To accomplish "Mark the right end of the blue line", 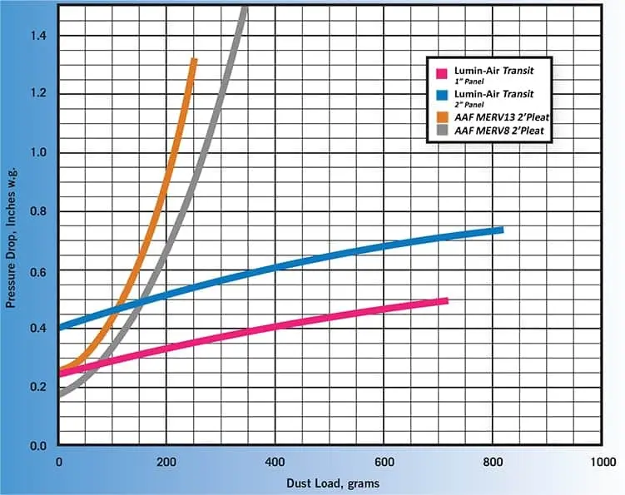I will pyautogui.click(x=503, y=230).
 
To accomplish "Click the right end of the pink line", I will pyautogui.click(x=447, y=300).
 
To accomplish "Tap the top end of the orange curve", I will pyautogui.click(x=194, y=60).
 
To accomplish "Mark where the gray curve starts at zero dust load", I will pyautogui.click(x=60, y=394).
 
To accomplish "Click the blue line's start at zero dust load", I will pyautogui.click(x=60, y=327).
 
